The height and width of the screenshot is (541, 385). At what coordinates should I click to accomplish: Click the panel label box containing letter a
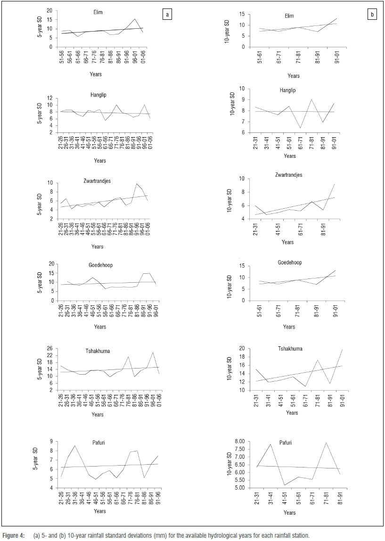click(166, 15)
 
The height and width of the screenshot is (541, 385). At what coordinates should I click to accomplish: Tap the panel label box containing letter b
click(372, 15)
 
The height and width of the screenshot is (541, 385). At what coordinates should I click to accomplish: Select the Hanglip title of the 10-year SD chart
click(288, 90)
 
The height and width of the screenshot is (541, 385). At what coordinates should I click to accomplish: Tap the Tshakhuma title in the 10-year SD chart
click(290, 349)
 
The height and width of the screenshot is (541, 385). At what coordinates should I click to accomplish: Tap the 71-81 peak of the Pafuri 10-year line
click(325, 443)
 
